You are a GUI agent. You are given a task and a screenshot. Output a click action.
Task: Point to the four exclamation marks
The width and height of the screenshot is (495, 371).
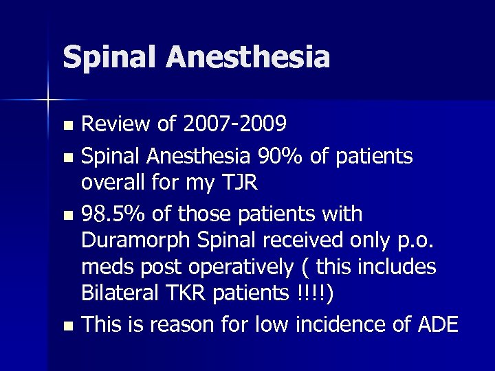click(x=313, y=294)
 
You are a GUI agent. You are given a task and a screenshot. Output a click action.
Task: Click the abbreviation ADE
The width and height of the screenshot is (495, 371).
click(x=437, y=324)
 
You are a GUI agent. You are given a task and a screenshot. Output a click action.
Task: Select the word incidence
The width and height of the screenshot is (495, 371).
click(x=327, y=324)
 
